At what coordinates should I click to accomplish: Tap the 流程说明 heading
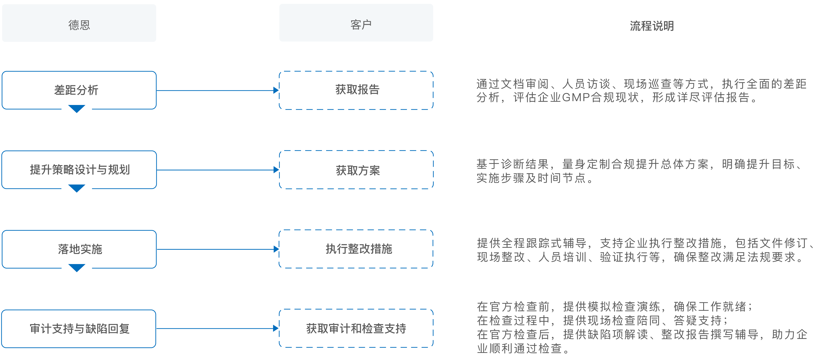coord(652,26)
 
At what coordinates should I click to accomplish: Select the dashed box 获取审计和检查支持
coord(356,328)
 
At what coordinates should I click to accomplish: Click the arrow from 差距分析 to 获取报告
coord(217,90)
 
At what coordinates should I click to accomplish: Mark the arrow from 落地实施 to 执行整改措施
coord(217,249)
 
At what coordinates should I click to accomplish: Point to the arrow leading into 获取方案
coord(217,170)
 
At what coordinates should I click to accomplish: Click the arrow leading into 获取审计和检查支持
coord(217,329)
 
